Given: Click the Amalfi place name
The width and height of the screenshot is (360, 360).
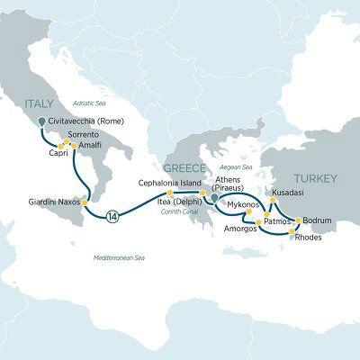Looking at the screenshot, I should pyautogui.click(x=90, y=144).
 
